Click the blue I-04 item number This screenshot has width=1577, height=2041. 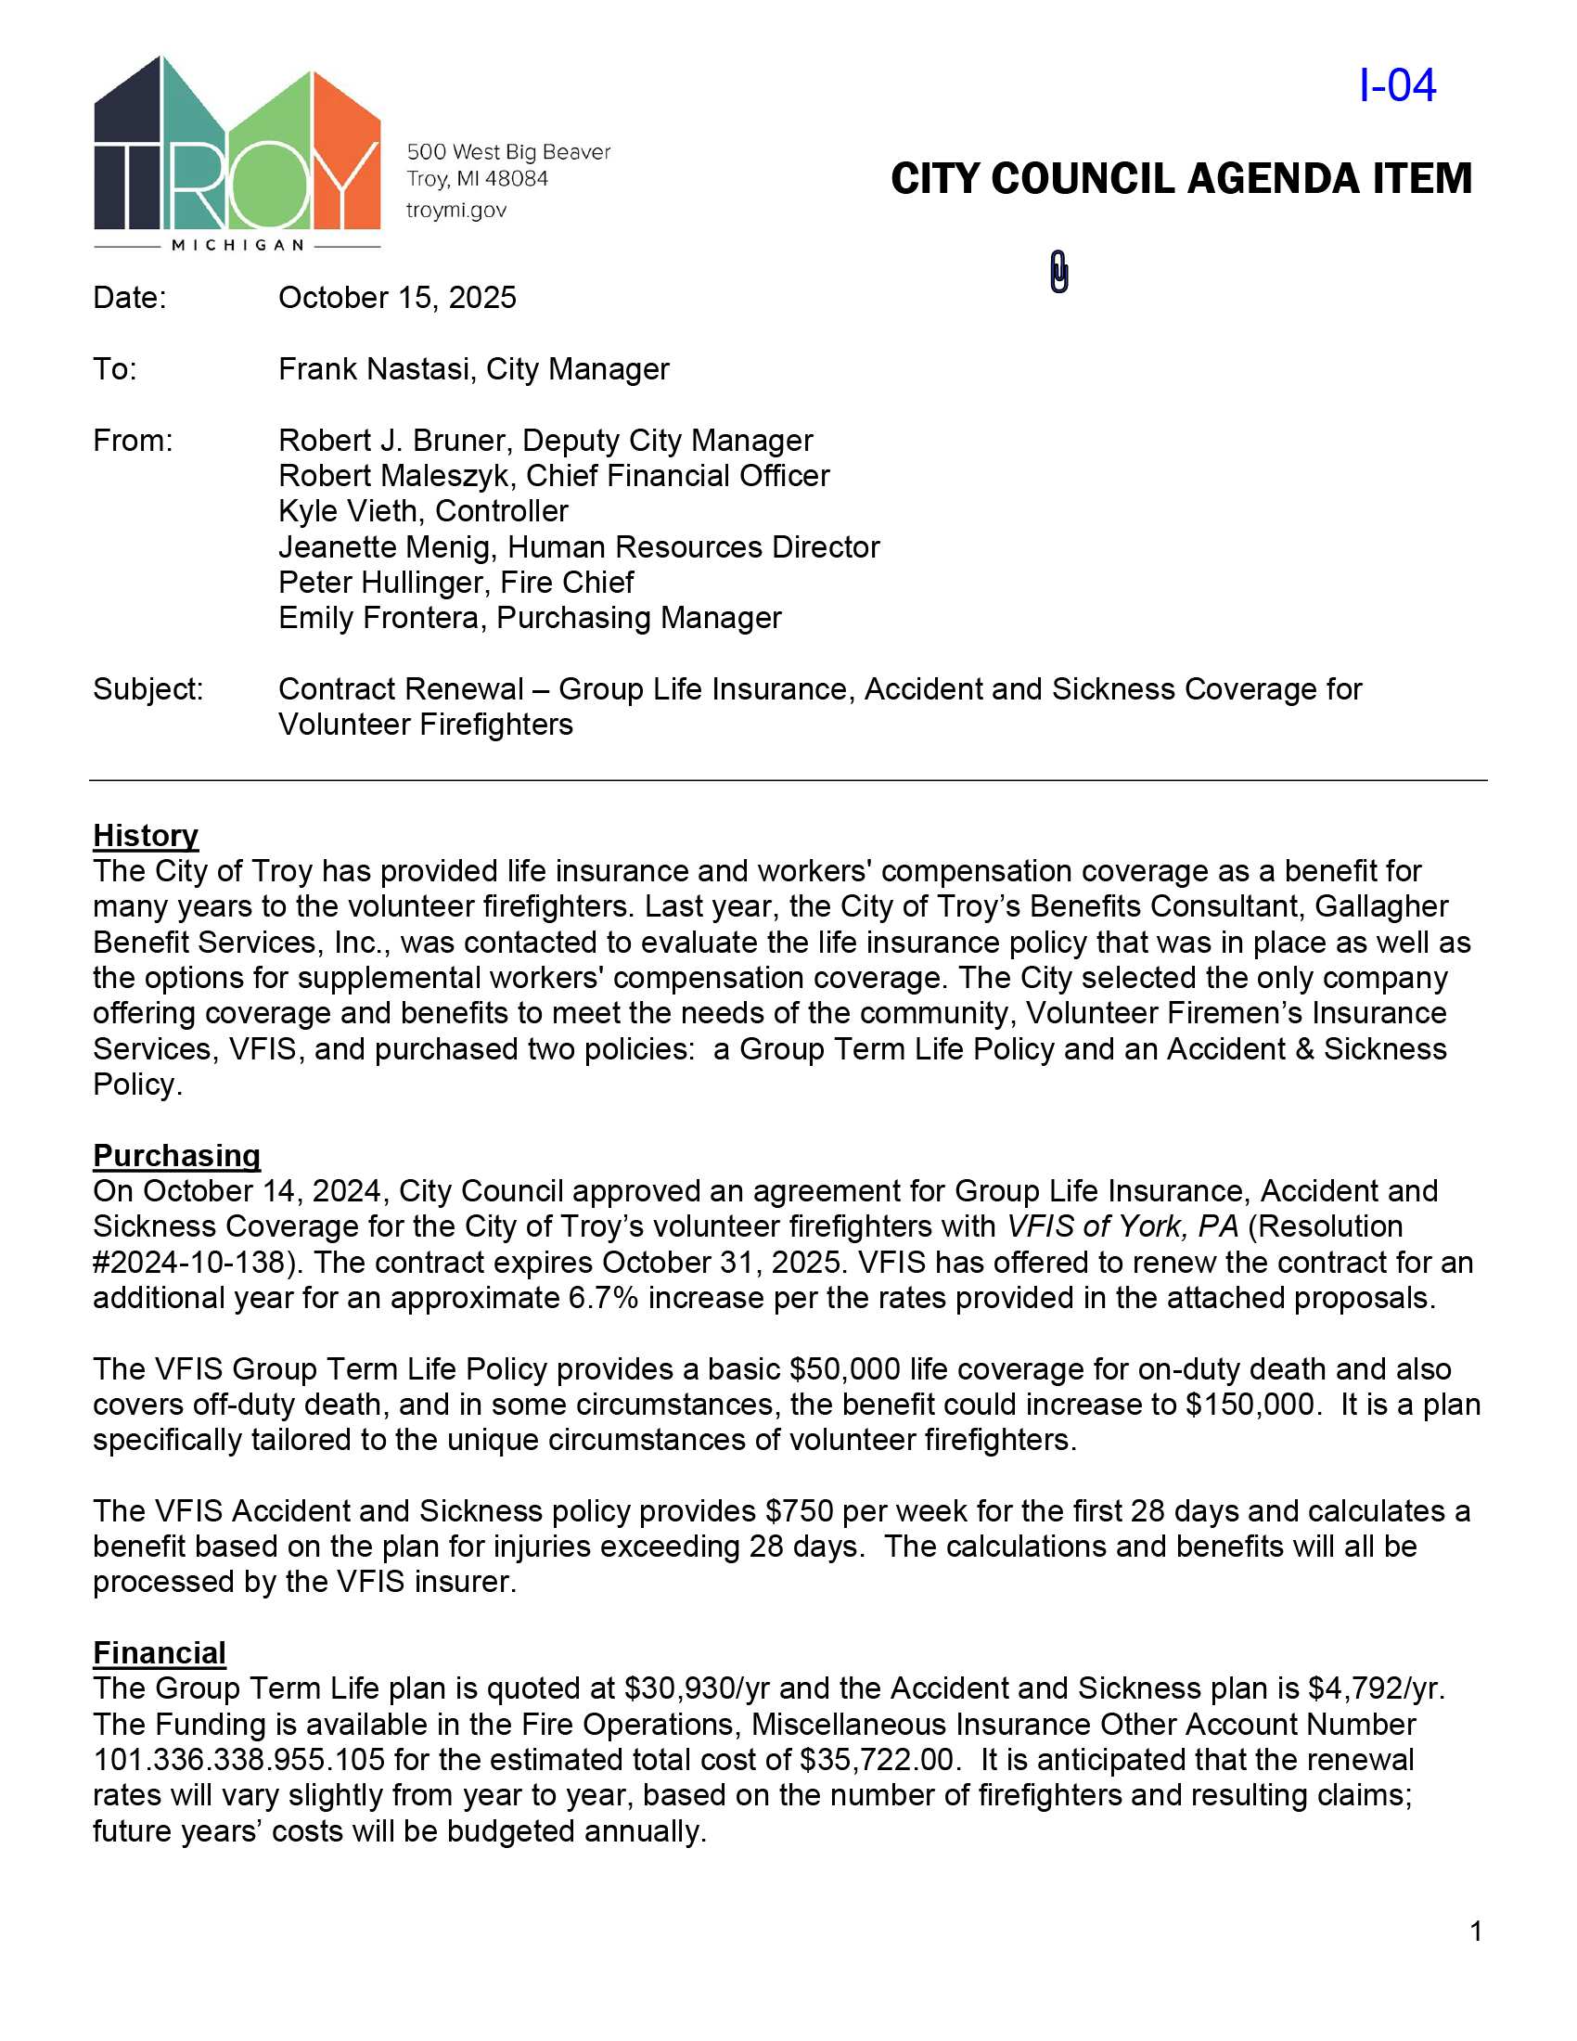click(1397, 86)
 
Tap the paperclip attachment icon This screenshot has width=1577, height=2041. click(1058, 272)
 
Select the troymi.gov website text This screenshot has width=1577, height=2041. click(455, 211)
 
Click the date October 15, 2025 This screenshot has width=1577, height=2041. click(397, 298)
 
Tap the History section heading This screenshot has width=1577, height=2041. click(146, 836)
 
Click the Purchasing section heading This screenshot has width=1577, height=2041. click(176, 1156)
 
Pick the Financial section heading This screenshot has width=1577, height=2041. click(160, 1653)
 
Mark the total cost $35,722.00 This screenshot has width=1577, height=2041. click(878, 1760)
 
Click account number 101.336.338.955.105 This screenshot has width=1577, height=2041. click(239, 1760)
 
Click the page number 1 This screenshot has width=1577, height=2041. click(1476, 1932)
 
